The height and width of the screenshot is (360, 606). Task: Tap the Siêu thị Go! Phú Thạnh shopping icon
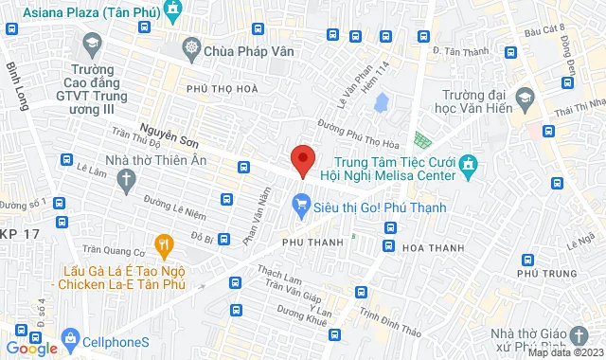click(x=302, y=202)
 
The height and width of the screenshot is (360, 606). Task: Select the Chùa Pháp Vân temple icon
click(x=192, y=47)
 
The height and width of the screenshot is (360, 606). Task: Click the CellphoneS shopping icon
click(x=68, y=337)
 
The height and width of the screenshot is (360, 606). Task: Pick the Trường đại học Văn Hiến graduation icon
click(x=524, y=99)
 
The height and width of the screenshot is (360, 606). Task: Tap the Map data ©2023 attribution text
click(x=565, y=353)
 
